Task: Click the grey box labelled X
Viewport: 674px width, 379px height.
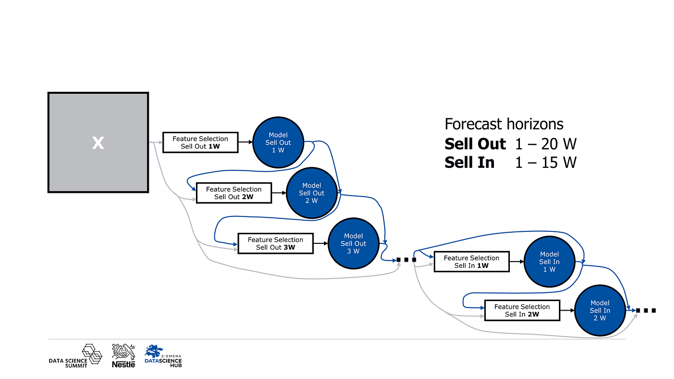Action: point(98,142)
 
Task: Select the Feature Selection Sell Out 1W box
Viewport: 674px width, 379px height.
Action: point(200,142)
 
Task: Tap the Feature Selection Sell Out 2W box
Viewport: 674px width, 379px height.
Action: point(234,193)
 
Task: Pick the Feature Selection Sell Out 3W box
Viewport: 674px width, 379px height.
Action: point(275,243)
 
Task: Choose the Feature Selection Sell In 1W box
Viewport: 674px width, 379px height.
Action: point(471,262)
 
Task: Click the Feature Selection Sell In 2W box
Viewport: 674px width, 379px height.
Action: point(522,310)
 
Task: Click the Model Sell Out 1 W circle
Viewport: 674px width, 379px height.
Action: point(278,142)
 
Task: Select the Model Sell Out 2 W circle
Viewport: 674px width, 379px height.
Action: point(311,193)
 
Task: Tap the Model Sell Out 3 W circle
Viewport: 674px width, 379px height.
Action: point(353,243)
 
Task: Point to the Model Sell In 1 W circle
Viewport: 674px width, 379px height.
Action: point(549,262)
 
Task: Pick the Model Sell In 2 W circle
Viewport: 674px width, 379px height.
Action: point(599,310)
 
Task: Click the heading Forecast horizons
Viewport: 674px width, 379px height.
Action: point(504,124)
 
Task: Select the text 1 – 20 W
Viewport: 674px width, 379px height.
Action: point(545,144)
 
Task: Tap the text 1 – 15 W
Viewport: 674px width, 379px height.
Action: point(545,163)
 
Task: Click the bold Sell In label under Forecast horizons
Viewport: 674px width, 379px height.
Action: point(469,163)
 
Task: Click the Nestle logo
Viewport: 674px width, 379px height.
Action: point(123,356)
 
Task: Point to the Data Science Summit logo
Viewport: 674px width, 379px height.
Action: point(76,356)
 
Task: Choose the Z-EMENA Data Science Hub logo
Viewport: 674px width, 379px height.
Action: point(163,356)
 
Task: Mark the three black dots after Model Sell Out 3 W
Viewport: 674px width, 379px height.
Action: point(406,260)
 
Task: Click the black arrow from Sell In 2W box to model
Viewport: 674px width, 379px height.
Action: point(568,310)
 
